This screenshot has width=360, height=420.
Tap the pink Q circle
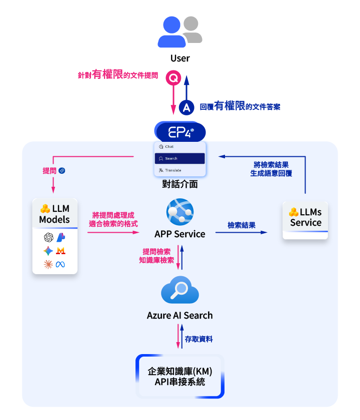[x=173, y=78]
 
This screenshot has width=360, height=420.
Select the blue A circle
[x=186, y=107]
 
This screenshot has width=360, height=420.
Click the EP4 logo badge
[x=180, y=132]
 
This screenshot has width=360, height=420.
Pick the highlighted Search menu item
[x=179, y=158]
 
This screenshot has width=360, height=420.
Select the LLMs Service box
[x=305, y=219]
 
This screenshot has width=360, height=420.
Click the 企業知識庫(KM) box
[x=180, y=377]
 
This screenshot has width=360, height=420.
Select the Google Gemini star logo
[x=48, y=251]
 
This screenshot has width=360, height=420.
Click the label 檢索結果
[x=241, y=225]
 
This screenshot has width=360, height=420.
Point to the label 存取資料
[x=198, y=339]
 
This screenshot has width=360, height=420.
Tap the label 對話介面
[x=180, y=184]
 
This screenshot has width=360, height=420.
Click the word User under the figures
[x=180, y=58]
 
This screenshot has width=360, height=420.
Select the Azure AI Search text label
[x=180, y=315]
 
